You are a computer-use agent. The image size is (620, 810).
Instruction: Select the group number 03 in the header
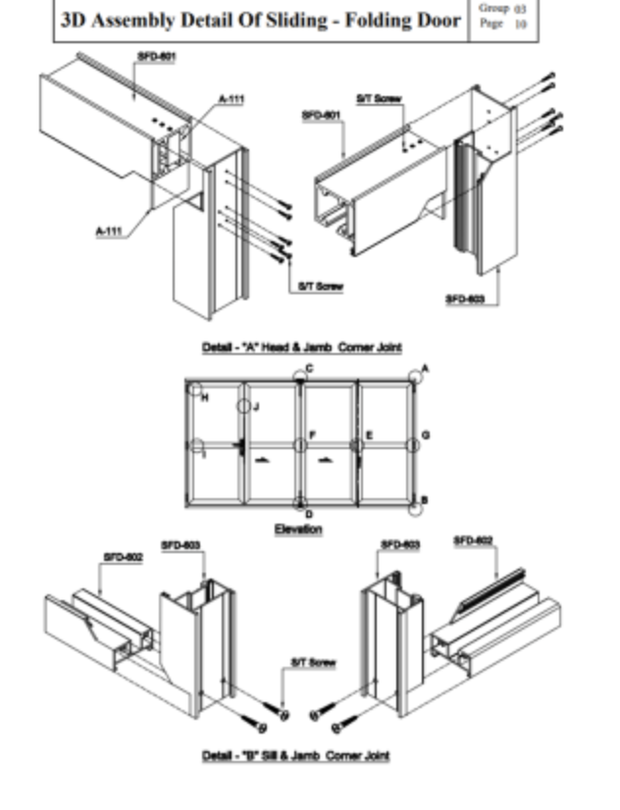click(520, 8)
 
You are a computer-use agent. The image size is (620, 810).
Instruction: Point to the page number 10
click(520, 25)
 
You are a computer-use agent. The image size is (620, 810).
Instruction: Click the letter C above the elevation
click(309, 369)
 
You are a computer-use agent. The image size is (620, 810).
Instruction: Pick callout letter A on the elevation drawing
click(425, 369)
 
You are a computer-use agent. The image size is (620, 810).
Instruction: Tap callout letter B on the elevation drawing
click(424, 501)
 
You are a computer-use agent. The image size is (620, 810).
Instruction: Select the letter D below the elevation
click(309, 514)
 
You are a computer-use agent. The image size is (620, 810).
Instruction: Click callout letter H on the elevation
click(205, 398)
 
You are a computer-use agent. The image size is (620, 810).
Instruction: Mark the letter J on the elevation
click(255, 406)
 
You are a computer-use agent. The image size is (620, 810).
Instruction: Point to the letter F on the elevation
click(312, 434)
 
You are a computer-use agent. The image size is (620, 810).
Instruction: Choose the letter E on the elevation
click(369, 434)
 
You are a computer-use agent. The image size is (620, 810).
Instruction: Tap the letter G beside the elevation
click(425, 434)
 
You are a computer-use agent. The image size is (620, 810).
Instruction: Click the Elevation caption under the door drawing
click(298, 530)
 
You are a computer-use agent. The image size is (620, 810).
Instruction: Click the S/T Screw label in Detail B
click(313, 664)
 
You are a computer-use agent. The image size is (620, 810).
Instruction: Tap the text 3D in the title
click(75, 20)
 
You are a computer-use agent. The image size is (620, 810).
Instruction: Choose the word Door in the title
click(437, 20)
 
